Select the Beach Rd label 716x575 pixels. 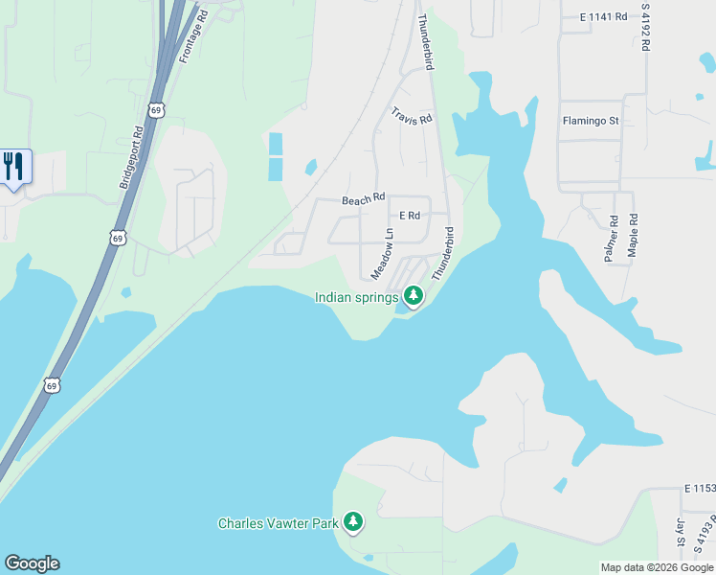click(x=363, y=199)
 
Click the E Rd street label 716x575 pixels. click(x=410, y=216)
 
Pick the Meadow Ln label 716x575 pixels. click(x=383, y=253)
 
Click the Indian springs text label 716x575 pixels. click(x=356, y=297)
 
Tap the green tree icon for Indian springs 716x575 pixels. click(x=413, y=296)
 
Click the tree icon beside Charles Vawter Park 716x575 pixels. click(x=354, y=522)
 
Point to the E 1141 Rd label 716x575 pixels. click(x=603, y=16)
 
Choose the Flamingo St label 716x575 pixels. click(x=591, y=122)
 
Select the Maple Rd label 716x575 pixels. click(x=633, y=233)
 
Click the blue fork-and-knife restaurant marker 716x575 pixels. click(x=14, y=167)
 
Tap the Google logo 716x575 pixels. click(x=32, y=563)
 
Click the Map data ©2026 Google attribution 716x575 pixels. click(x=656, y=567)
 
